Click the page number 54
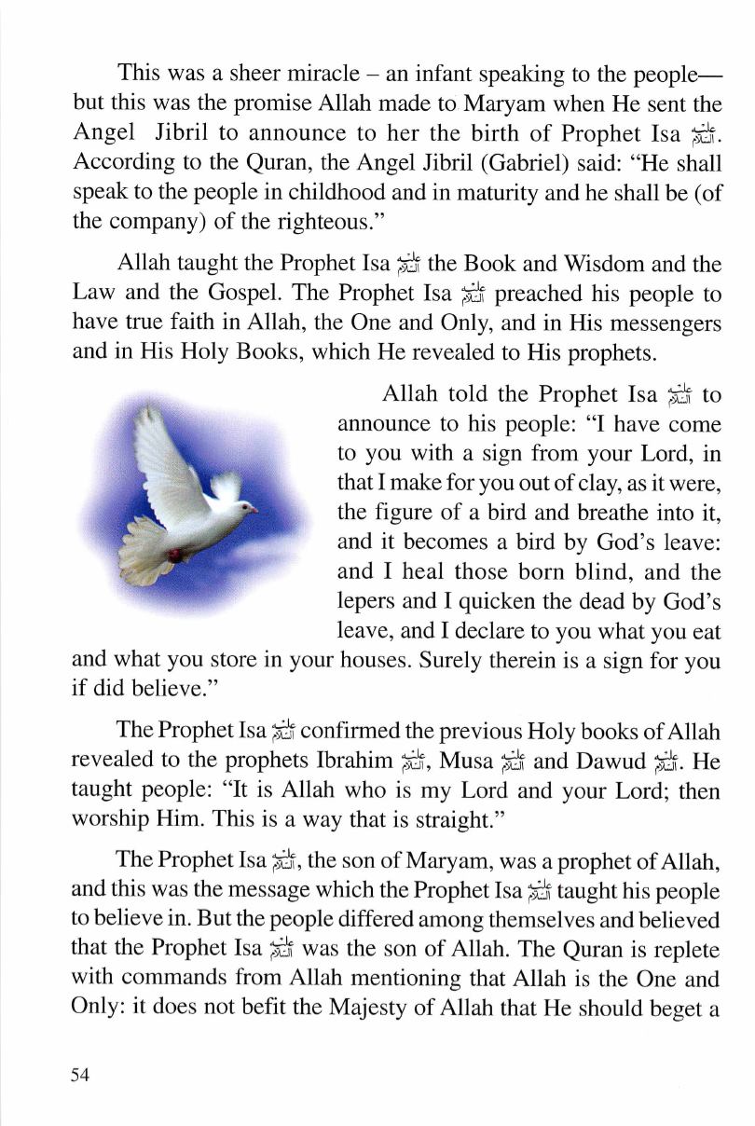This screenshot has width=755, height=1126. point(79,1076)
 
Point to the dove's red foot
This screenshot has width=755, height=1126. point(176,556)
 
